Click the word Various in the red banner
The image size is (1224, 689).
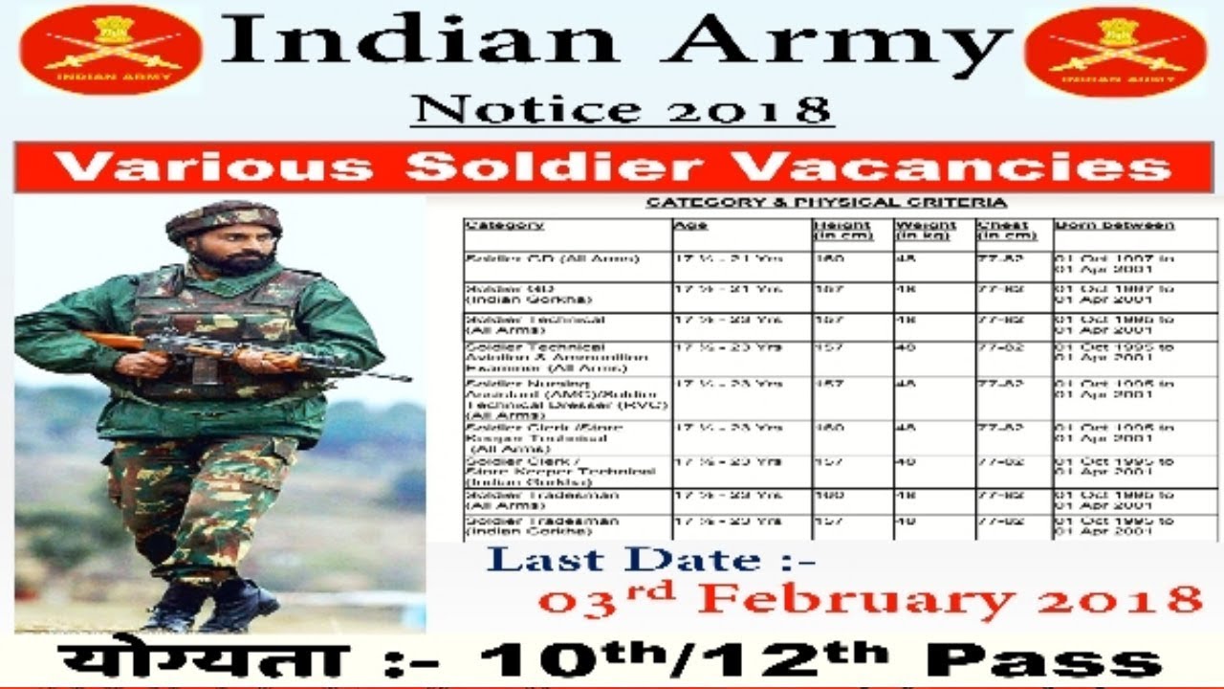[213, 167]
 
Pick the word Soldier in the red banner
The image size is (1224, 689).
[557, 167]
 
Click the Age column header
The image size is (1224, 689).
[689, 226]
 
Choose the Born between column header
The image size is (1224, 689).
[1114, 226]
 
